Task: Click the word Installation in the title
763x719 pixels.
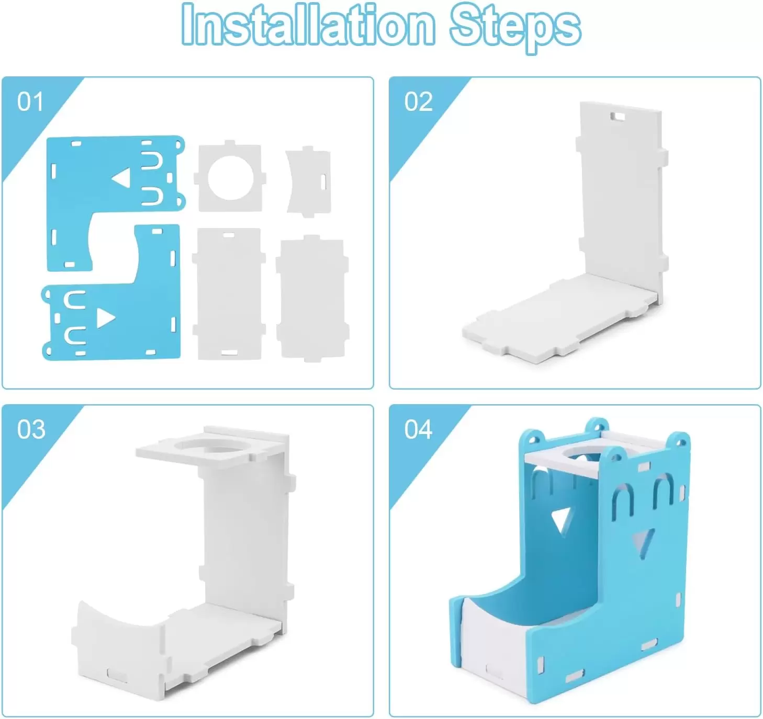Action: click(x=309, y=24)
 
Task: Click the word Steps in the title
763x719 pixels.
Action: click(x=515, y=28)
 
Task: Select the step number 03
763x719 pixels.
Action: click(x=31, y=430)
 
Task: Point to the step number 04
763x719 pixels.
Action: click(x=418, y=430)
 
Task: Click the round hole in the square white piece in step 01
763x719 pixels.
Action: click(x=230, y=178)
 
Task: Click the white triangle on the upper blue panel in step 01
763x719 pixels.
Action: click(x=122, y=178)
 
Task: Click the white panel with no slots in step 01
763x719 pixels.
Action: click(x=312, y=299)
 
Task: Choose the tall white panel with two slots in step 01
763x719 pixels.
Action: click(x=229, y=294)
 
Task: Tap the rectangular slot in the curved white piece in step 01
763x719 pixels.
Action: click(x=323, y=181)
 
